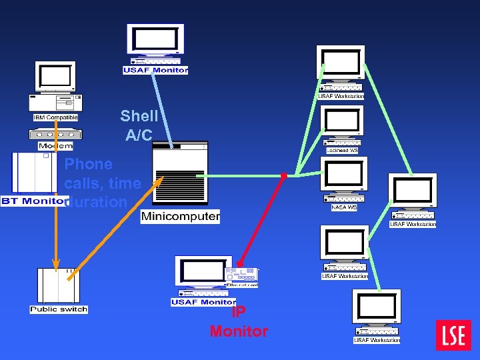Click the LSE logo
(x=453, y=335)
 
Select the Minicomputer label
(x=180, y=217)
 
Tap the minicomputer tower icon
(x=180, y=175)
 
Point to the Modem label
(x=55, y=146)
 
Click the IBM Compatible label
(x=55, y=118)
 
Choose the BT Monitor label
(x=33, y=201)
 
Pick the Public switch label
(x=59, y=309)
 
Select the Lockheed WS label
(x=342, y=151)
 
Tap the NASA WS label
(x=343, y=207)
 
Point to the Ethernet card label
(x=241, y=285)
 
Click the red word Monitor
(x=239, y=331)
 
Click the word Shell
(x=139, y=116)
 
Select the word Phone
(x=89, y=164)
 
